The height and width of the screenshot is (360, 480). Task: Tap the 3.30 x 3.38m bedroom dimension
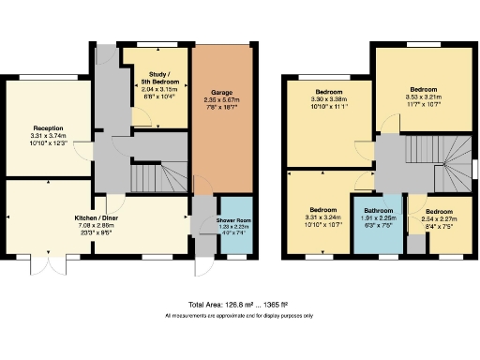[x=328, y=98]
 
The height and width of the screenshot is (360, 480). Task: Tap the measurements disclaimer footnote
[x=240, y=316]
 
